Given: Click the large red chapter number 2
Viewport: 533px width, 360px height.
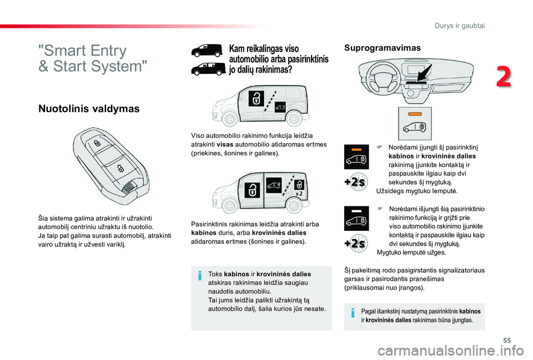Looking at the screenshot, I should [x=504, y=77].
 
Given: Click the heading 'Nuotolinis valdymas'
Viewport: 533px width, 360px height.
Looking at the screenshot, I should [x=89, y=109].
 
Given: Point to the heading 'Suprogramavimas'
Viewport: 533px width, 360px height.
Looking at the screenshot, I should [x=382, y=48].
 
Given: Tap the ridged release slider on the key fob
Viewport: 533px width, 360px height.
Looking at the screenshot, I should [x=130, y=186].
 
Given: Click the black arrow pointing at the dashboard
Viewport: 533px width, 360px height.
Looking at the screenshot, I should [x=426, y=73].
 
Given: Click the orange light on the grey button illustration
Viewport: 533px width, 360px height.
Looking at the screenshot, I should [x=415, y=114].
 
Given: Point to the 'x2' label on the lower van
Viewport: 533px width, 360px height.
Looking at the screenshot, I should [x=299, y=194].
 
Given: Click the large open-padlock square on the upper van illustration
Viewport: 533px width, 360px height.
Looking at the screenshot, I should [x=257, y=98].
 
